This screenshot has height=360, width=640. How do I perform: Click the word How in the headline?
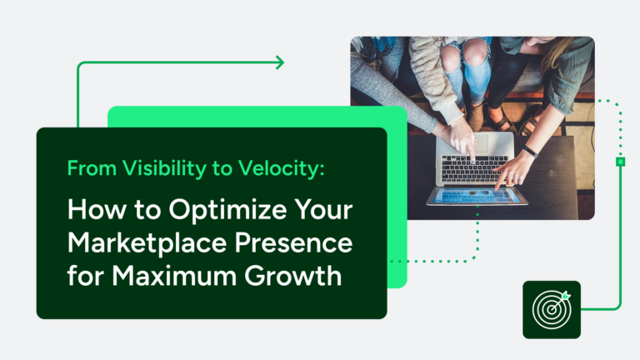(x=92, y=212)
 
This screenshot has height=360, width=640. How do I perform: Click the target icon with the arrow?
(x=551, y=309)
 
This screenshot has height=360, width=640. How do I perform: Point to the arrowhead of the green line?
(x=279, y=62)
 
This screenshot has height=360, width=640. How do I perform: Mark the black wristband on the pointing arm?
(x=528, y=152)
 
